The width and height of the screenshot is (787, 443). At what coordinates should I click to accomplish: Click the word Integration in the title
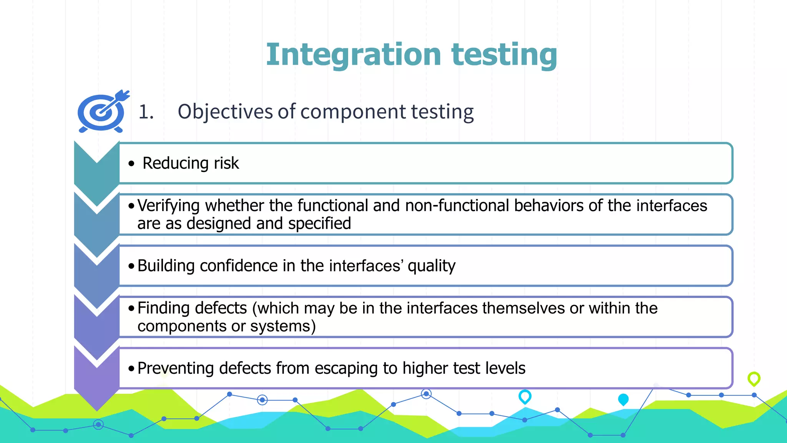tap(353, 55)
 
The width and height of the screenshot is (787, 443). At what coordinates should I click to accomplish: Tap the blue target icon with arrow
tap(102, 112)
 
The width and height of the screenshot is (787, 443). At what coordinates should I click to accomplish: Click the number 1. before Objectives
tap(146, 112)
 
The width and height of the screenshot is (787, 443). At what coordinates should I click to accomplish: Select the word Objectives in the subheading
tap(225, 112)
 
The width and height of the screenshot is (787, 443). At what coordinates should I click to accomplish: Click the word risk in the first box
tap(226, 163)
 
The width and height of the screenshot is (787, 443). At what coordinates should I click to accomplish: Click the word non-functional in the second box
tap(457, 206)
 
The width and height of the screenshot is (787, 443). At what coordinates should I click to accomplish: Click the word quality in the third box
tap(431, 266)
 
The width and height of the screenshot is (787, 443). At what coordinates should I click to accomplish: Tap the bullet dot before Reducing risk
tap(132, 164)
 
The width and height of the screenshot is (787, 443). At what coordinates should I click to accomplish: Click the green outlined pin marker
tap(754, 379)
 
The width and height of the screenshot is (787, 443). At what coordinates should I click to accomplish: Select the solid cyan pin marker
tap(623, 400)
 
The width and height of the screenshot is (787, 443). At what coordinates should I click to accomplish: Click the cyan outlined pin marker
tap(525, 396)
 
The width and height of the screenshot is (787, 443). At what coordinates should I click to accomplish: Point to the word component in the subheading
tap(353, 112)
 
